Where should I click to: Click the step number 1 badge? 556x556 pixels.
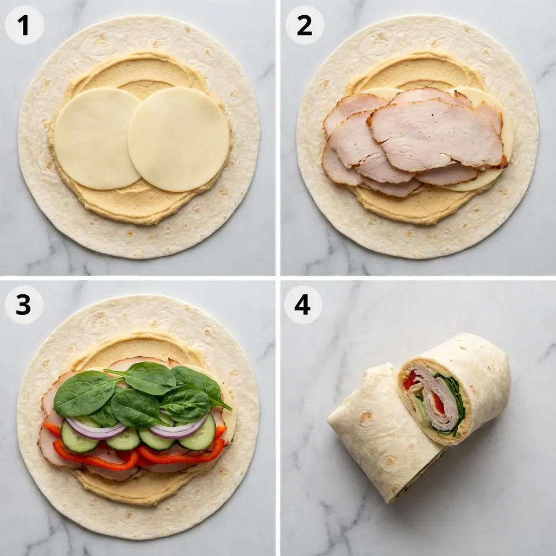point(24,24)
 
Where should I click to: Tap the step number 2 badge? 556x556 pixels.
point(304,24)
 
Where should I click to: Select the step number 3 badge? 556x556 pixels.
point(23,305)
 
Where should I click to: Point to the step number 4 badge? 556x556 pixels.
point(302,305)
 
